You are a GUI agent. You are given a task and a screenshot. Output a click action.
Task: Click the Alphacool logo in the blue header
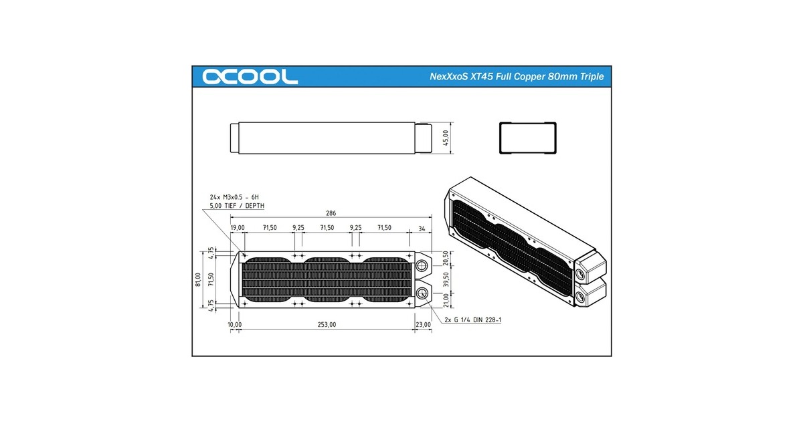coord(250,77)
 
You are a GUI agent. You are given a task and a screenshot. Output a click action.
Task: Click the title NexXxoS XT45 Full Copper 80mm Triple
coord(516,77)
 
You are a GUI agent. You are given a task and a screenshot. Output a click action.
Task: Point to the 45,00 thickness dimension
coord(446,138)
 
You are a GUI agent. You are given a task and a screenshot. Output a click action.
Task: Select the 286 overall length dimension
coord(331,214)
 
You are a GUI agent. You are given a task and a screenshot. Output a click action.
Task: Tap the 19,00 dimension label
coord(238,228)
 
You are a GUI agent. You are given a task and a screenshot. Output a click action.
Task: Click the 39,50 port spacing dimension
coord(446,281)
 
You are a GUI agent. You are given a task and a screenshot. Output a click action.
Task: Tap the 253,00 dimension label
coord(326,324)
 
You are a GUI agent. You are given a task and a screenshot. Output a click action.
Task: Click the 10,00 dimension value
coord(234,324)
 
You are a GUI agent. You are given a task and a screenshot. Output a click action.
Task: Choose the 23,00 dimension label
coord(423,324)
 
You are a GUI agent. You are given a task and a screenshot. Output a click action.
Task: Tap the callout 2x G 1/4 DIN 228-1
coord(473,320)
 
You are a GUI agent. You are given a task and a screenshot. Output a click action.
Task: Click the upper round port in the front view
coord(422,267)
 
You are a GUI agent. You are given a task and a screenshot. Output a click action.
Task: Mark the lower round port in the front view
coord(422,294)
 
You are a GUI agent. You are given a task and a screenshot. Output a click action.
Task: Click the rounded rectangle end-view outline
coord(527,138)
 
